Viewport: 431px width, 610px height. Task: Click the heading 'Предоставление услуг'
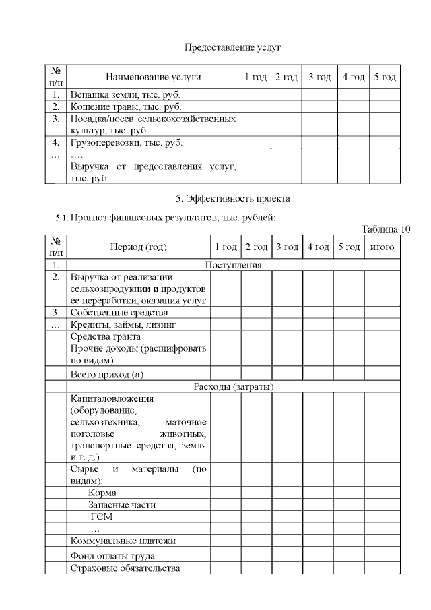point(232,48)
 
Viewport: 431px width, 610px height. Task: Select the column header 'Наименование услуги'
point(153,78)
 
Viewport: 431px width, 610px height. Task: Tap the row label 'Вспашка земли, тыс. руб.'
point(125,95)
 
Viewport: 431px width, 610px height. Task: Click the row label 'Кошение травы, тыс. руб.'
point(126,106)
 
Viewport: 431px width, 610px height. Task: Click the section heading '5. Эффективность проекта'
point(232,200)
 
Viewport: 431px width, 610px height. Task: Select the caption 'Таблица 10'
point(385,229)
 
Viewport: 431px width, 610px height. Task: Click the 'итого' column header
point(382,247)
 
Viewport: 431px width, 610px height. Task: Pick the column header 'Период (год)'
point(139,247)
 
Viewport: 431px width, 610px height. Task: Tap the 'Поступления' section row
point(233,265)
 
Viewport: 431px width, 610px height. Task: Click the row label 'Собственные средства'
point(119,312)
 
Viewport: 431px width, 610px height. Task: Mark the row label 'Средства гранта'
point(106,336)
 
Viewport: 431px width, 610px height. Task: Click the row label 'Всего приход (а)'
point(107,374)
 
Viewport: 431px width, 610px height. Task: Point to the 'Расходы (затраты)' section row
point(233,386)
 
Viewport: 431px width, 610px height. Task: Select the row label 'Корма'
point(102,493)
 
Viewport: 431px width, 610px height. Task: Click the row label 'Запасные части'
point(122,504)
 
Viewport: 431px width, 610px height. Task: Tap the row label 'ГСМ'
point(102,516)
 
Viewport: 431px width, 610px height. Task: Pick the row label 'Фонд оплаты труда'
point(113,556)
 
